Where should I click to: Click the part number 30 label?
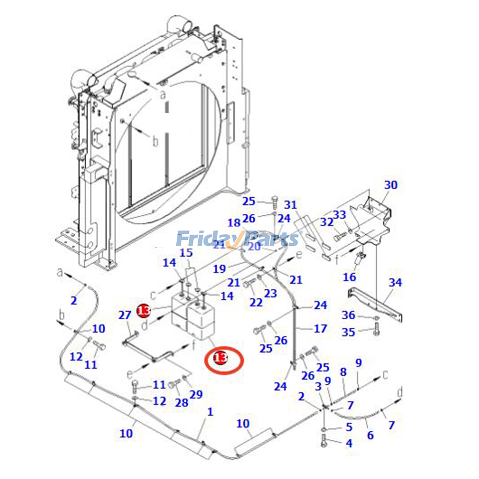(391, 185)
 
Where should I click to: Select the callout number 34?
(395, 282)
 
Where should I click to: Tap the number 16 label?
(349, 277)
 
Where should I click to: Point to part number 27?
(125, 315)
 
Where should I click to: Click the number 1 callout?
(210, 412)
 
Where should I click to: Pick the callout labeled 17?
(320, 329)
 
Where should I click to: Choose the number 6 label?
(370, 435)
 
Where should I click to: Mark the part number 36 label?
(348, 315)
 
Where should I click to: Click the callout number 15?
(186, 253)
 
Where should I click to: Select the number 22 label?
(256, 302)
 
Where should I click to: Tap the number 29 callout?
(196, 394)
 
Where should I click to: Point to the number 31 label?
(290, 205)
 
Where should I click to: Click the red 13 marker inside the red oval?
(220, 357)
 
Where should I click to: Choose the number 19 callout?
(219, 269)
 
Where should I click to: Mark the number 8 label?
(343, 372)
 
